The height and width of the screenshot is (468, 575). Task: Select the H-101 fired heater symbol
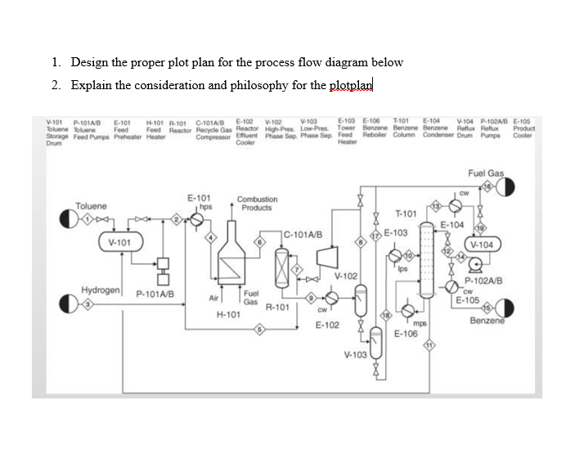pos(235,262)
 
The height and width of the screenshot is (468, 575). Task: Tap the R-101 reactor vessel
pos(283,269)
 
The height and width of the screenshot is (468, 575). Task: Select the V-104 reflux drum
pos(482,244)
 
